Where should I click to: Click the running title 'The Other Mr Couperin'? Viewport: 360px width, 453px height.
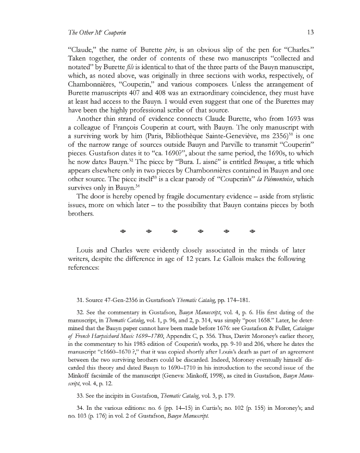pos(96,32)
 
